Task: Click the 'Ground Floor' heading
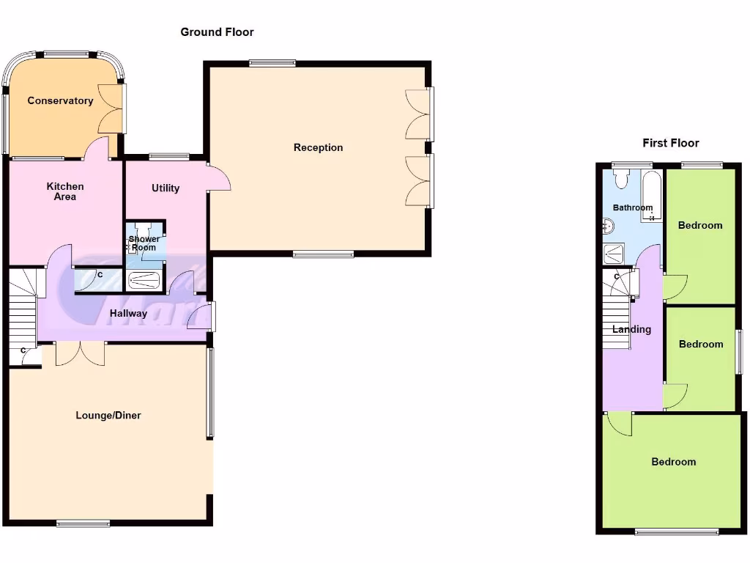click(217, 32)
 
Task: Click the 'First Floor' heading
click(670, 143)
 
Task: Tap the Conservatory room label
click(60, 100)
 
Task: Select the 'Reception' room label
click(318, 147)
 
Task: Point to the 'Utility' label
click(166, 188)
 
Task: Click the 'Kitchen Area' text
click(65, 191)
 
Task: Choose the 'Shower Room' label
click(144, 243)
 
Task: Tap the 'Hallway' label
click(128, 313)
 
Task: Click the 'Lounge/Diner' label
click(108, 415)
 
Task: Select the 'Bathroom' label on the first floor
click(632, 207)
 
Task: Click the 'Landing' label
click(631, 329)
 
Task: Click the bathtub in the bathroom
click(651, 196)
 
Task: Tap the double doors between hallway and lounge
click(80, 353)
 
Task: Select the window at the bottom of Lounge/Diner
click(83, 523)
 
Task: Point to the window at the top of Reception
click(272, 63)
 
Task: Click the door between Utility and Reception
click(219, 179)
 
